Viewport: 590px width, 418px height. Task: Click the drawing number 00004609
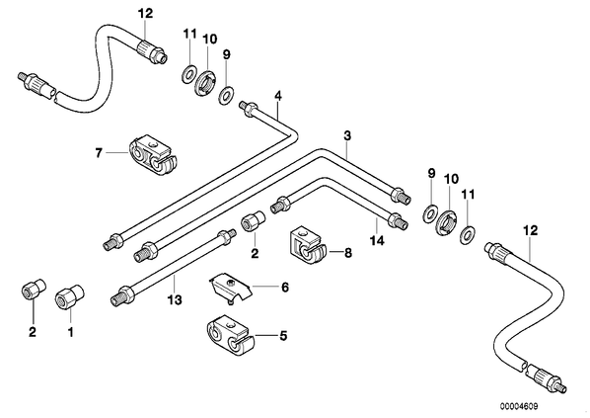pos(519,406)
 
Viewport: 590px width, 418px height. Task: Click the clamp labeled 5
pos(230,336)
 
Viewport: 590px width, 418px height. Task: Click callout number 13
pos(175,300)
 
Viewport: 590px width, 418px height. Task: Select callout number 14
pos(377,240)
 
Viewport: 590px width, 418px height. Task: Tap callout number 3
pos(347,135)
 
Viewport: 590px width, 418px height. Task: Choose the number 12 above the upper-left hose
pos(145,14)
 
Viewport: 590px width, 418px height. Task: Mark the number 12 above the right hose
pos(531,230)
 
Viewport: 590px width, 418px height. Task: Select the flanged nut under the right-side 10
pos(447,224)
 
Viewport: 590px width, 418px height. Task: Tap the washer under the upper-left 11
pos(188,74)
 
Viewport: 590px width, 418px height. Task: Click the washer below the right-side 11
pos(468,235)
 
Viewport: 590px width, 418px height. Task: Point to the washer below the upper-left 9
pos(226,96)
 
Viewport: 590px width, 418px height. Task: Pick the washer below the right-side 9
pos(429,213)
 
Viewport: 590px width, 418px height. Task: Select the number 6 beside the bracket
pos(285,288)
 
